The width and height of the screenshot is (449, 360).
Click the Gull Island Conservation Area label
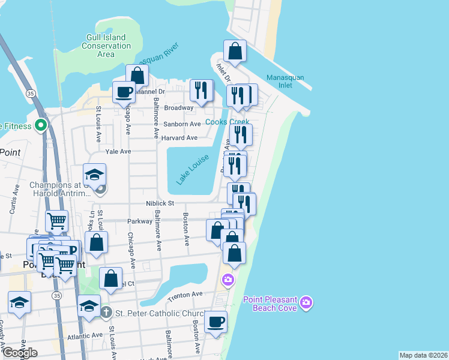click(106, 46)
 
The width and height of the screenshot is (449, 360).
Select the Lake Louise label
click(192, 169)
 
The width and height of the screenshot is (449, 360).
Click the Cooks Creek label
click(228, 122)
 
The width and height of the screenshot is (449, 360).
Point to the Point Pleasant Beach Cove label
click(271, 304)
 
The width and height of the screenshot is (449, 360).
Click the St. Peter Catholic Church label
click(152, 313)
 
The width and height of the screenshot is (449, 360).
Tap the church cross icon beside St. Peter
click(106, 312)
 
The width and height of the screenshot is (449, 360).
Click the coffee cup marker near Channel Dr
click(124, 92)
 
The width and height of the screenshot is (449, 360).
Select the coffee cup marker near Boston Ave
click(215, 322)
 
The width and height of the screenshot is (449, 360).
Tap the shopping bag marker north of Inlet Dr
click(235, 52)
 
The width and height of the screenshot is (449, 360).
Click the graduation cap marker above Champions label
click(95, 175)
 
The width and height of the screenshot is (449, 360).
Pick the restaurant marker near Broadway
click(201, 91)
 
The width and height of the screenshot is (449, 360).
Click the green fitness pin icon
click(41, 126)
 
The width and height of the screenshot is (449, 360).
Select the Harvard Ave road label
click(179, 138)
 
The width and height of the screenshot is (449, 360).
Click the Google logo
click(20, 353)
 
